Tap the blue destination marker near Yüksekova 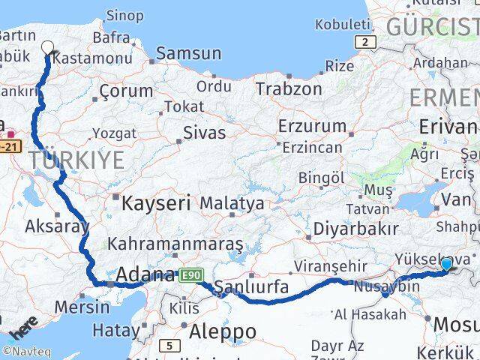[x=447, y=264]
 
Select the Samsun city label [x=188, y=53]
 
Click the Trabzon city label [x=283, y=88]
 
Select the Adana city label [x=147, y=274]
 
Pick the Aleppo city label [x=223, y=331]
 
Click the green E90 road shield [x=190, y=277]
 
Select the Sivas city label [x=204, y=133]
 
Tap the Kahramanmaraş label [x=175, y=244]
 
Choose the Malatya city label [x=232, y=203]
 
